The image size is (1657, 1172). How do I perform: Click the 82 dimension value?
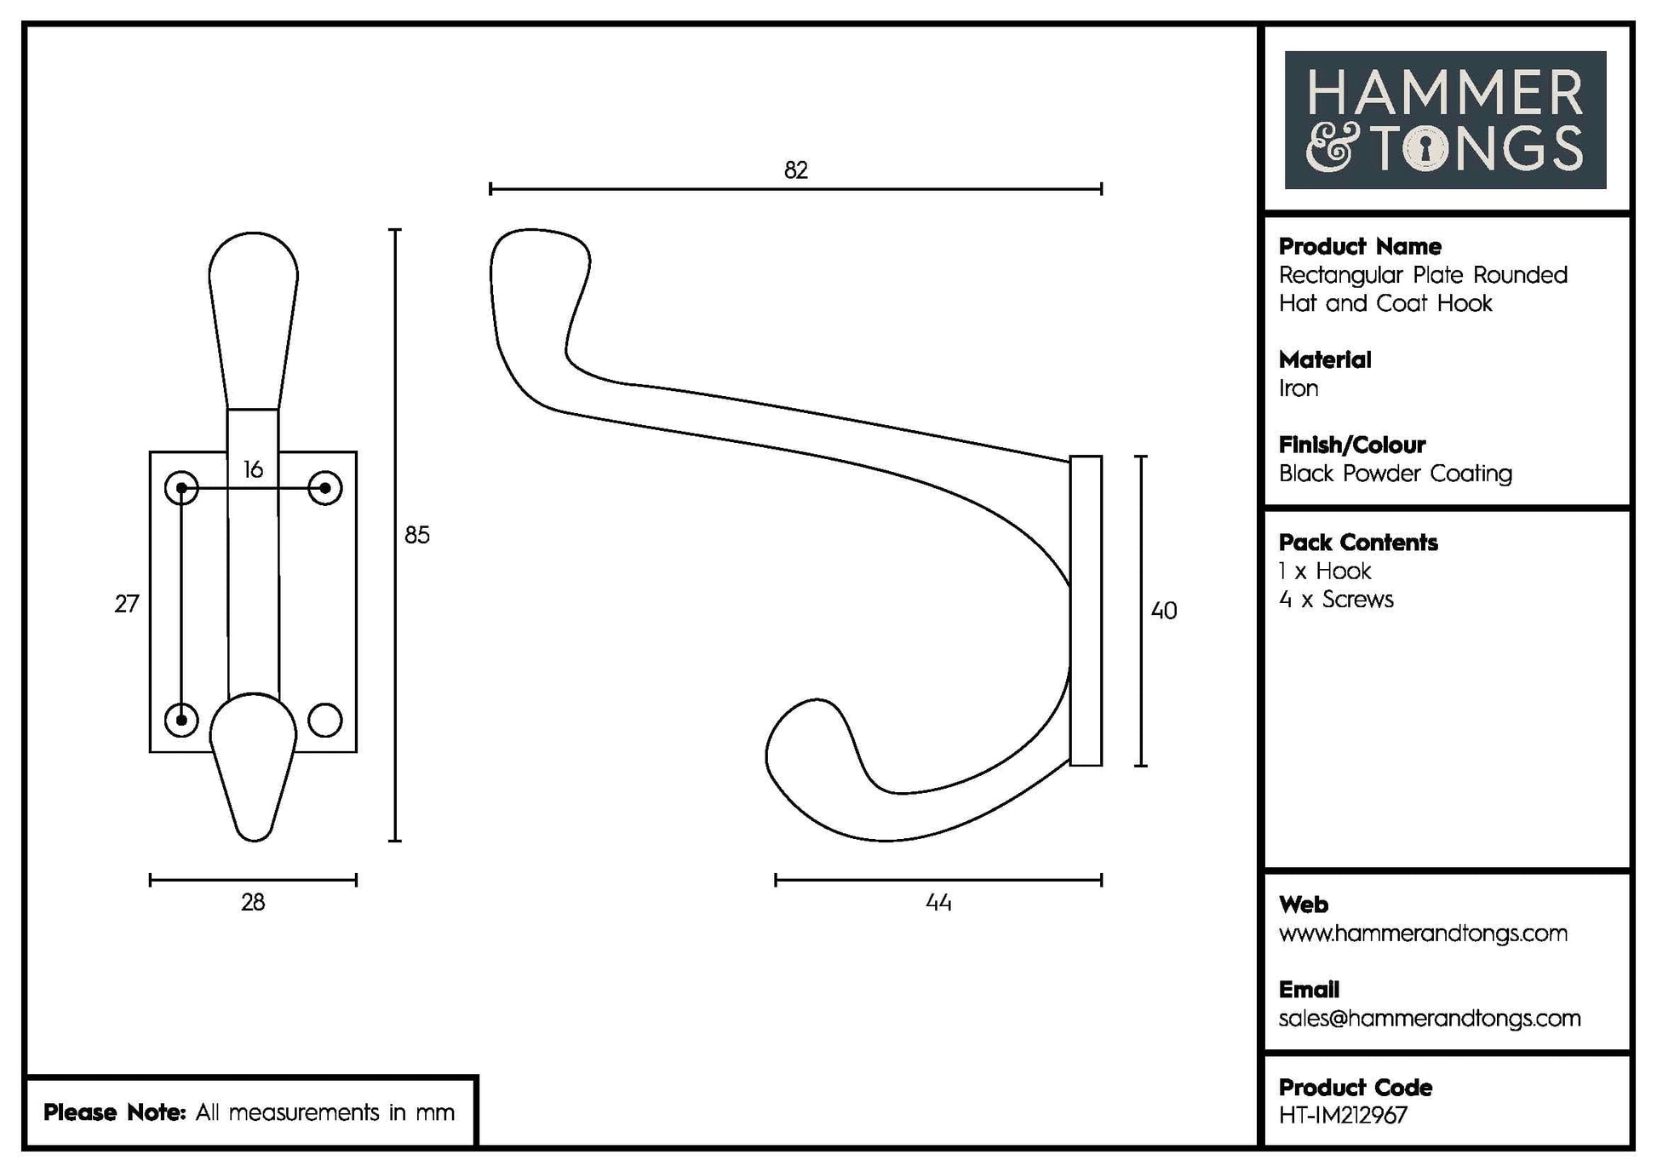[795, 170]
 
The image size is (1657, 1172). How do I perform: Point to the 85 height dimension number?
[417, 535]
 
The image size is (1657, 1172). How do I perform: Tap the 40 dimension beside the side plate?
[1163, 611]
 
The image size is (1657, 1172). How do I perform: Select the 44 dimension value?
[938, 903]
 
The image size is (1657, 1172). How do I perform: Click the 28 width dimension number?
[253, 903]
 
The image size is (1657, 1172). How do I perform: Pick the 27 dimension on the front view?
[127, 604]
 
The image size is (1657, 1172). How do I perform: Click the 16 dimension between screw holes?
[253, 469]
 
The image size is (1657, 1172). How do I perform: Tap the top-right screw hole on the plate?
[324, 488]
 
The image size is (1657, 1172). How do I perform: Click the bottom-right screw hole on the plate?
[324, 721]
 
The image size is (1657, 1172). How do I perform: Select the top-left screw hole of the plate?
[181, 488]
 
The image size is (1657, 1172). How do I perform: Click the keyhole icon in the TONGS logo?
[1431, 148]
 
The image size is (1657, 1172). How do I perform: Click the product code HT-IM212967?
[1343, 1116]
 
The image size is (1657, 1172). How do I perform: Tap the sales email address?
[1429, 1019]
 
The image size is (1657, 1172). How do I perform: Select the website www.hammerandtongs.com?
[1422, 934]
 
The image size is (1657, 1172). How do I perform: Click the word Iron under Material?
[1299, 388]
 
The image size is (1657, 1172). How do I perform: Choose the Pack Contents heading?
[1358, 543]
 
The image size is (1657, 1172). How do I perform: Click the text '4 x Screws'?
[1336, 600]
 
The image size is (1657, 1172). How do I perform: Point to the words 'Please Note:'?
[114, 1112]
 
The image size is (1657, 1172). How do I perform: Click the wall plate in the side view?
[1086, 611]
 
